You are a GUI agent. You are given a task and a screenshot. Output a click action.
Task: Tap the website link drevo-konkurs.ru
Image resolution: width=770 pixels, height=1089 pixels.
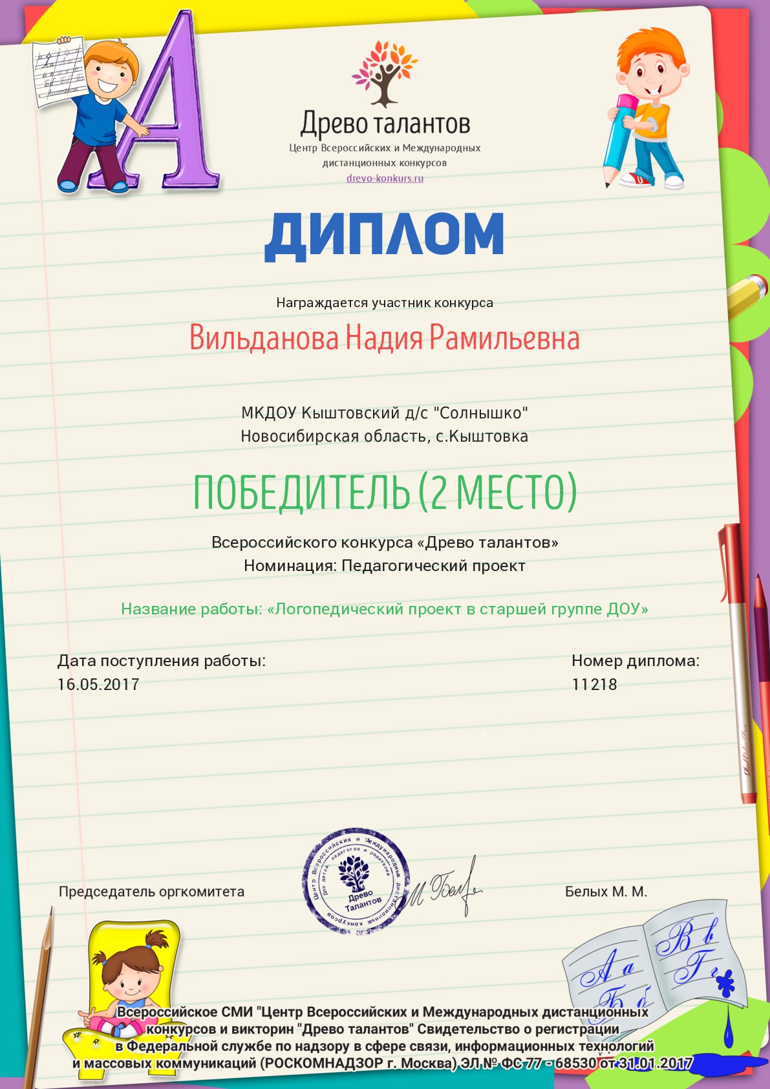click(385, 178)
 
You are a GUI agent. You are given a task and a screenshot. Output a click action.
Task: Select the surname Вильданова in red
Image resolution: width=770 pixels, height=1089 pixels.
click(264, 338)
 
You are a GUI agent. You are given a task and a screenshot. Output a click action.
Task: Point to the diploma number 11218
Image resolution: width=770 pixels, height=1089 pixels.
click(594, 685)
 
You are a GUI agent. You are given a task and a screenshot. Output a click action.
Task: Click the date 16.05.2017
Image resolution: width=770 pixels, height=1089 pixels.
click(98, 685)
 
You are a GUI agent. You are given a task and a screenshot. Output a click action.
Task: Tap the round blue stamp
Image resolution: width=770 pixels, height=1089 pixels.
click(356, 881)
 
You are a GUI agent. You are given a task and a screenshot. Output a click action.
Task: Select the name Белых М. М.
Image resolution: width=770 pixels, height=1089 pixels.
click(606, 892)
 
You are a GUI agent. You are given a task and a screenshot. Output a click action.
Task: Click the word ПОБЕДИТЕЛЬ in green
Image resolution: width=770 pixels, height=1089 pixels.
click(302, 493)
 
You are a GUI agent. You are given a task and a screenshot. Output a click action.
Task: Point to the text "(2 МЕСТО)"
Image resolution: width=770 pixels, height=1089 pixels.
click(497, 492)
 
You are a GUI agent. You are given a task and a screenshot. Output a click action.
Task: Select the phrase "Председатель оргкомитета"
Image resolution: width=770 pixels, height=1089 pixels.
click(151, 892)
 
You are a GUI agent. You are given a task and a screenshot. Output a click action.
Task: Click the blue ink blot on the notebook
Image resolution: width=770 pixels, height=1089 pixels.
click(725, 984)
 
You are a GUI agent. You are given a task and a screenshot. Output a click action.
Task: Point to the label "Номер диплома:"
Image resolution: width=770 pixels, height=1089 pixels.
click(635, 661)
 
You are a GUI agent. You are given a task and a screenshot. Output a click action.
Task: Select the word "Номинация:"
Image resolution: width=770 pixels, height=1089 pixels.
click(290, 566)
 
